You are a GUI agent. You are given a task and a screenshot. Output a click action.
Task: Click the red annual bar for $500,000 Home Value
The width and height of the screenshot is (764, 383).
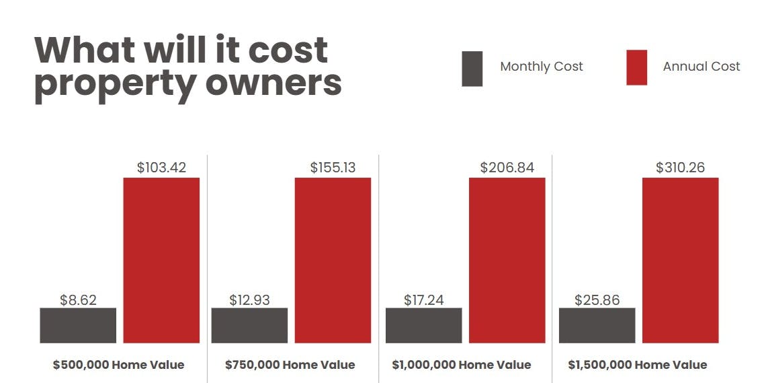click(x=161, y=260)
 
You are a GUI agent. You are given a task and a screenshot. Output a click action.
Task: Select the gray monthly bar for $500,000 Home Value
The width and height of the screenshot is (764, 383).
click(x=78, y=325)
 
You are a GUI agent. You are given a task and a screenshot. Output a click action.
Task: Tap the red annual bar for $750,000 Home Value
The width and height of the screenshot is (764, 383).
click(x=333, y=260)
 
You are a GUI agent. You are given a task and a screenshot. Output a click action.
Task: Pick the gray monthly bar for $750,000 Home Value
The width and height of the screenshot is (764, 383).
click(x=249, y=325)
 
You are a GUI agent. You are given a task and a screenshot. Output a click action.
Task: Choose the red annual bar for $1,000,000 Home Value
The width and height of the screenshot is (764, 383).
click(x=507, y=260)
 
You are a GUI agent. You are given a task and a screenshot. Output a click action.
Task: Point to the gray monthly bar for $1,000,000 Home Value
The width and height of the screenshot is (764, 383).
click(x=423, y=325)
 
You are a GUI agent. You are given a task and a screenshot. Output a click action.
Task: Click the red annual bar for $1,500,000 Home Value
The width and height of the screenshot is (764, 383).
click(x=680, y=260)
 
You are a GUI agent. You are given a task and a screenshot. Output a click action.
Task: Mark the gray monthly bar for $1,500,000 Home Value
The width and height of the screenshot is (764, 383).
click(x=597, y=325)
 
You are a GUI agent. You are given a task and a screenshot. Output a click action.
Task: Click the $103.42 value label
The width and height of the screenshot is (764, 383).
click(x=161, y=168)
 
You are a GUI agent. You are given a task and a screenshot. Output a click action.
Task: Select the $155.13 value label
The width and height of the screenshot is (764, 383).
click(x=333, y=168)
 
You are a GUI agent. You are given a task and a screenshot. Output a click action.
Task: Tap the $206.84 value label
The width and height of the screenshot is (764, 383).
click(x=507, y=168)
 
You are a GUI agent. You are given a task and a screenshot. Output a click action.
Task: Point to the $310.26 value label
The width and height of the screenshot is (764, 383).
click(x=680, y=168)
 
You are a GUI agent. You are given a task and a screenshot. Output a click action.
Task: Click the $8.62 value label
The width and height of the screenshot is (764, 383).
click(x=78, y=300)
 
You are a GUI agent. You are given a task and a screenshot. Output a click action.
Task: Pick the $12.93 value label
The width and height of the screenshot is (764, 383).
click(x=249, y=300)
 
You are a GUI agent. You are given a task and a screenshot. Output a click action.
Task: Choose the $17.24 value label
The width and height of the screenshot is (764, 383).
click(x=423, y=300)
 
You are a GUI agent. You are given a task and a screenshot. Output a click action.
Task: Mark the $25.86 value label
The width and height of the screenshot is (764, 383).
click(x=597, y=300)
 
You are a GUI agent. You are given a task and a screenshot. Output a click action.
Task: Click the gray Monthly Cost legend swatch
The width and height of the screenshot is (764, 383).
click(x=472, y=68)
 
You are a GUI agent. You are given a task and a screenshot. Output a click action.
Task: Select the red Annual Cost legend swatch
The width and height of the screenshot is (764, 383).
click(x=636, y=67)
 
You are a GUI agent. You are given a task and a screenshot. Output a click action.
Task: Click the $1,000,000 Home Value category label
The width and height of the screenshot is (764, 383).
click(x=461, y=365)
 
